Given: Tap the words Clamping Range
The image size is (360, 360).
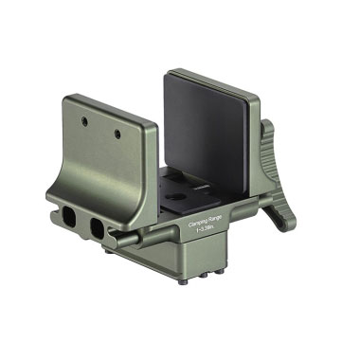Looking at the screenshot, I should point(199,220).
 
